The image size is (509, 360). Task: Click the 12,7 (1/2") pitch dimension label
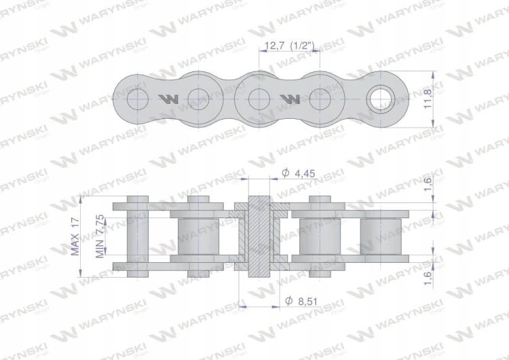[x=290, y=46]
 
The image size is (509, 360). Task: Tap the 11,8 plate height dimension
[x=428, y=98]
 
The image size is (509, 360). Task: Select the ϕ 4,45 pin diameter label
[x=299, y=173]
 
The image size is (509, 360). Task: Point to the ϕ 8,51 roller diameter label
[x=301, y=301]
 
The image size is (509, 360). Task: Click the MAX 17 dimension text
[x=75, y=236]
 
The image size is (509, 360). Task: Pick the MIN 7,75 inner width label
[x=100, y=236]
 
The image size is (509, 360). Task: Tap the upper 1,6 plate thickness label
[x=428, y=184]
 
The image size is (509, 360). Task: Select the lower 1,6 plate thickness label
[x=428, y=278]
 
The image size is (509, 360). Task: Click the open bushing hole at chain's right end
[x=381, y=98]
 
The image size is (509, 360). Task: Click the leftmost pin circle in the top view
[x=138, y=98]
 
